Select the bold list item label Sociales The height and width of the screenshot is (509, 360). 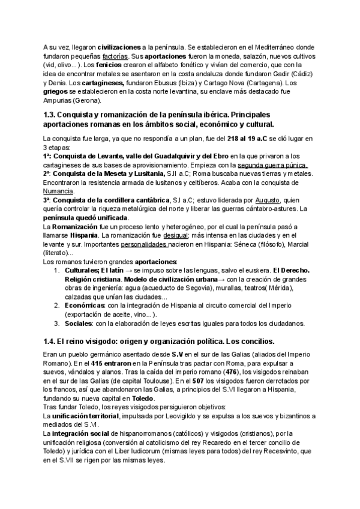(79, 324)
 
